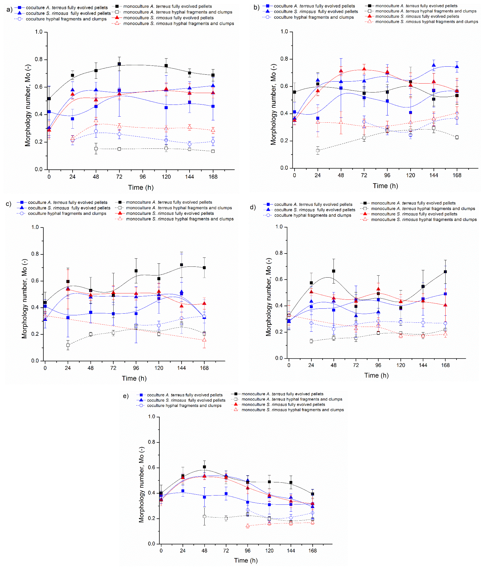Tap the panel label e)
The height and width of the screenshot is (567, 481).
point(126,396)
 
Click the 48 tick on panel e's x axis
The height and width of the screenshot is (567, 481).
point(204,551)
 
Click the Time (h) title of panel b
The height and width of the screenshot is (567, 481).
point(385,186)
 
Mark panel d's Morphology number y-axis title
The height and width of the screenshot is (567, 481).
point(269,297)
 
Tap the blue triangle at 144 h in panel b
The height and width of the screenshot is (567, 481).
point(434,65)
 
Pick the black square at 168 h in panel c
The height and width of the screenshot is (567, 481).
point(204,268)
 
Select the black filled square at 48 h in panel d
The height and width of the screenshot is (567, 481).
point(333,271)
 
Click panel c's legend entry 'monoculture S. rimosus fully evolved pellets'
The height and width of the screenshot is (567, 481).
point(170,213)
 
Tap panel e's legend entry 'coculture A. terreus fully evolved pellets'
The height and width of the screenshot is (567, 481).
point(185,395)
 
